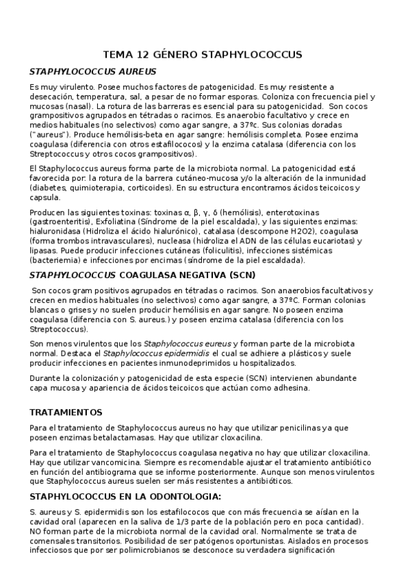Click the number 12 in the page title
(x=146, y=53)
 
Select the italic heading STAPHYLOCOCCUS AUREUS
(x=92, y=71)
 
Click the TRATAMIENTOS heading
(x=66, y=412)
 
